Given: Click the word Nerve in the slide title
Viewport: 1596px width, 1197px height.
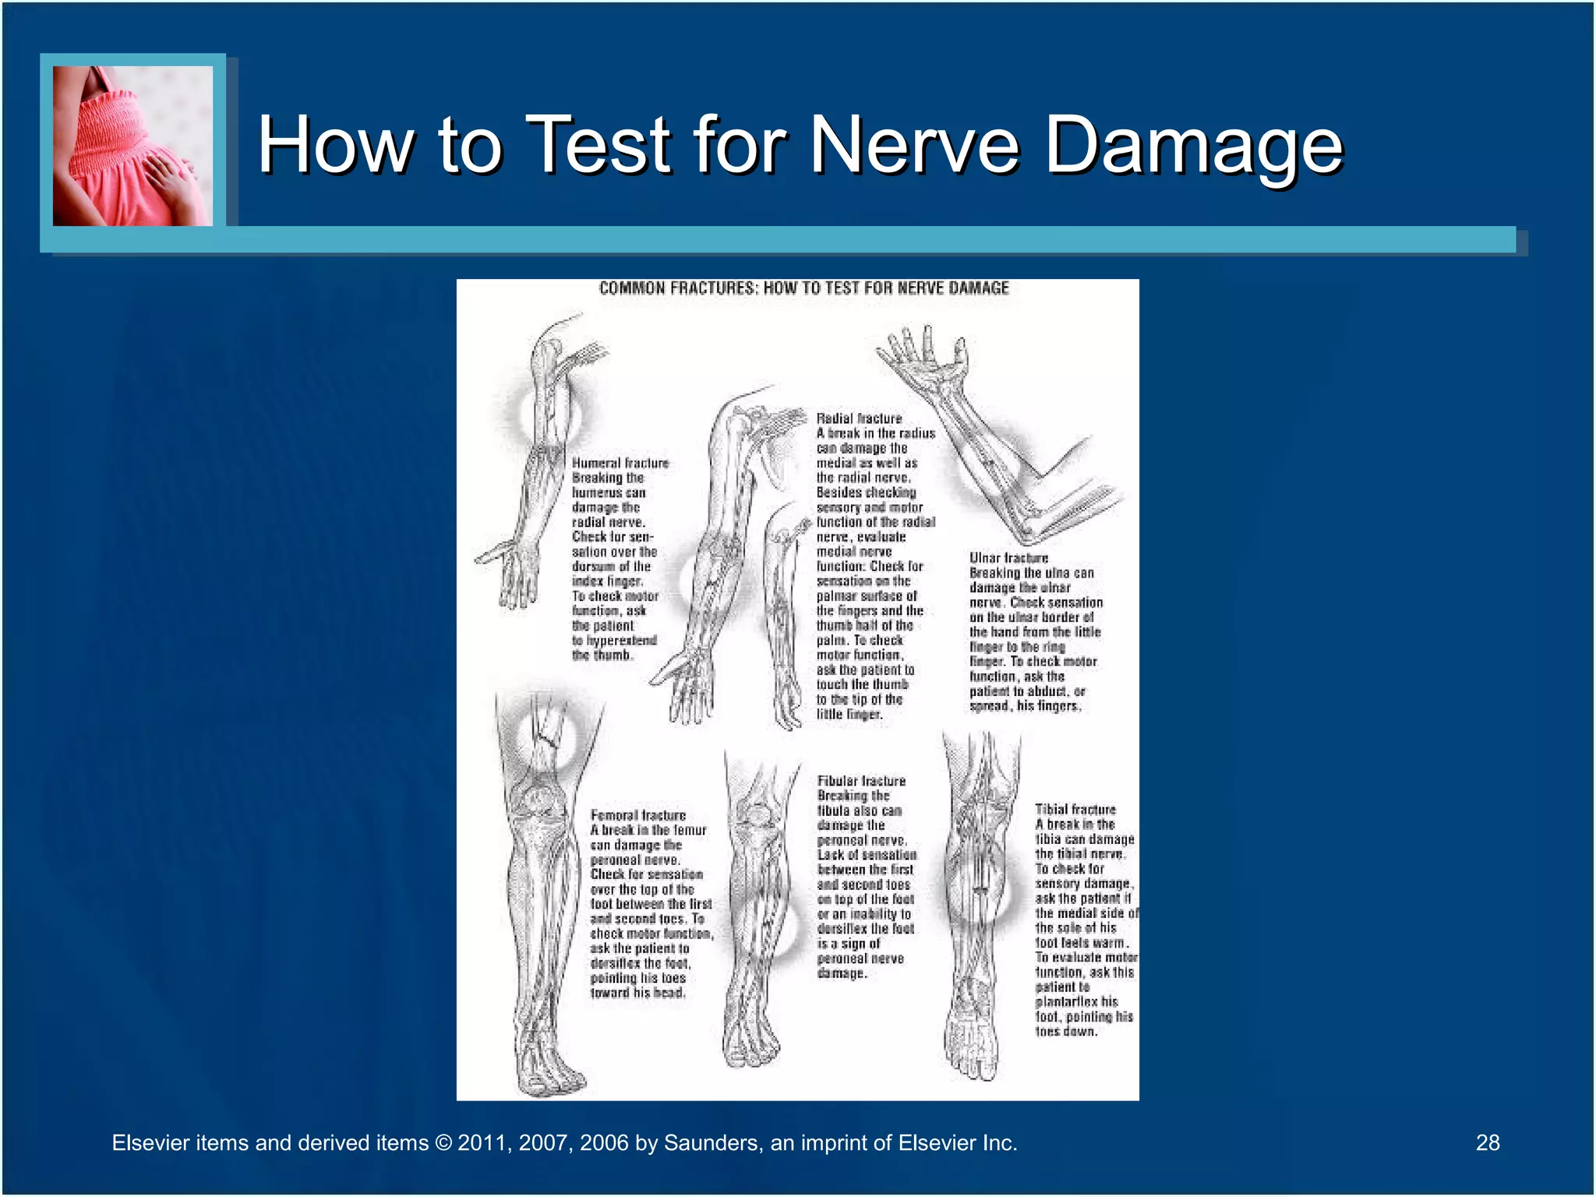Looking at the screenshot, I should pos(915,145).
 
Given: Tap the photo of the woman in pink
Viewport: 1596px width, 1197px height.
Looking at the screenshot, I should pos(132,146).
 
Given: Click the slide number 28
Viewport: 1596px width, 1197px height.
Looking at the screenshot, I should pos(1487,1142).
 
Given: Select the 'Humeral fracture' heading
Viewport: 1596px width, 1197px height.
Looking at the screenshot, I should pos(620,463).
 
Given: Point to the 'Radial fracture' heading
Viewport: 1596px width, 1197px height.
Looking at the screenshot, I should pos(859,418).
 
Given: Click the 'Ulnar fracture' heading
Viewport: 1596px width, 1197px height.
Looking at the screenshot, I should pos(1008,558).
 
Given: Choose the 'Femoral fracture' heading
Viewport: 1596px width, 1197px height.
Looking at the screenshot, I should pos(638,815).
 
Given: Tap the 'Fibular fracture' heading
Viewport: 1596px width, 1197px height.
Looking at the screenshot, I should pos(861,781).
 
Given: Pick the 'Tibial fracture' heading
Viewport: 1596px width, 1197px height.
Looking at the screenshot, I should pos(1075,810).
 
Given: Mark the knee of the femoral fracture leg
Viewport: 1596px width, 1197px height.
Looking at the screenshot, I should pos(538,803).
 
